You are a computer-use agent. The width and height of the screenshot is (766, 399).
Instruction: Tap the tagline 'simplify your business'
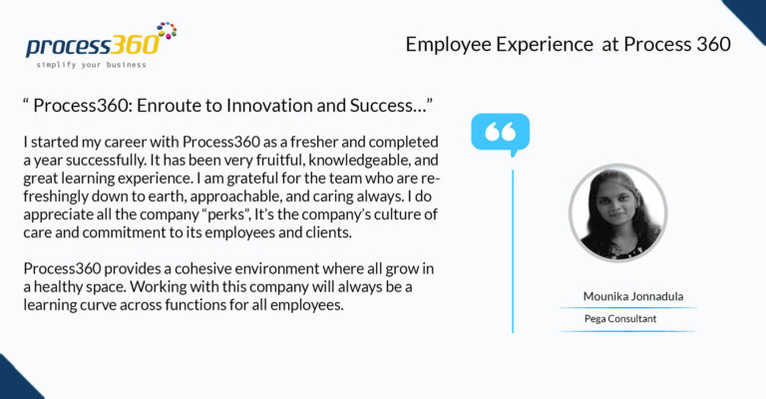point(92,65)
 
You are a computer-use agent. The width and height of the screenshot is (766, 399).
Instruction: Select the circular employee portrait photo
point(618,212)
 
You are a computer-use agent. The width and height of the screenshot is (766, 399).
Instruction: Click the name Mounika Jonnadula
point(633,296)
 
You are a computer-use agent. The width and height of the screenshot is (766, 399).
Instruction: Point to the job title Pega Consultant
point(620,319)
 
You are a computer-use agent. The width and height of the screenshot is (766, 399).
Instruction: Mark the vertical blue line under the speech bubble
point(513,251)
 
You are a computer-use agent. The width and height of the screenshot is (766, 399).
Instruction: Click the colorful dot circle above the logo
point(167,30)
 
